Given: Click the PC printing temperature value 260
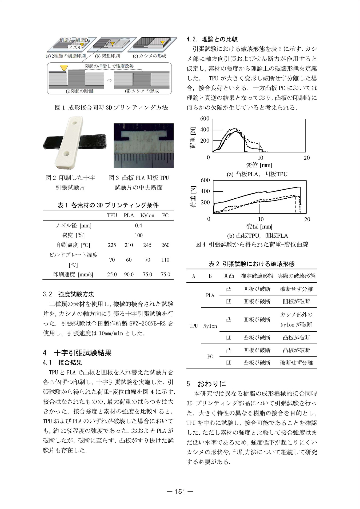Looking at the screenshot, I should [165, 245].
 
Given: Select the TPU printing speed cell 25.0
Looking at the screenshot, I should [112, 274].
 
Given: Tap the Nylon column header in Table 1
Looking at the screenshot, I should [147, 215].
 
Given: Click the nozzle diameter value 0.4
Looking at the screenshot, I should [138, 226].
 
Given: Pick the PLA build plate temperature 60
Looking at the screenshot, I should [129, 260].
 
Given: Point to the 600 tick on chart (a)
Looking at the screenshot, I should [205, 118].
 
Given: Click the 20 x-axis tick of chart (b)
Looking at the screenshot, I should [307, 219].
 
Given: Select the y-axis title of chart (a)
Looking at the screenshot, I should [193, 137].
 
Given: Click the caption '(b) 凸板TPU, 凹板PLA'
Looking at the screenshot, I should [257, 236].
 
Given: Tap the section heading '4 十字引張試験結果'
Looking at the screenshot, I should [77, 353].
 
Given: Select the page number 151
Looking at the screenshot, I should [180, 491].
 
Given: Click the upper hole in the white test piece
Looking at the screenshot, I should [74, 123].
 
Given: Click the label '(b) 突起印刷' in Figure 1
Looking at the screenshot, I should [107, 56].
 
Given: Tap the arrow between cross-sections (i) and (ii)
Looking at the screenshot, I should [109, 80].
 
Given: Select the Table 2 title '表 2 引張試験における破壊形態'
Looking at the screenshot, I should [251, 264].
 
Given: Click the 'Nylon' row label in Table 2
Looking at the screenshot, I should [210, 326].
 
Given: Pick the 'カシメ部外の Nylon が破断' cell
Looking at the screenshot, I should [296, 320].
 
